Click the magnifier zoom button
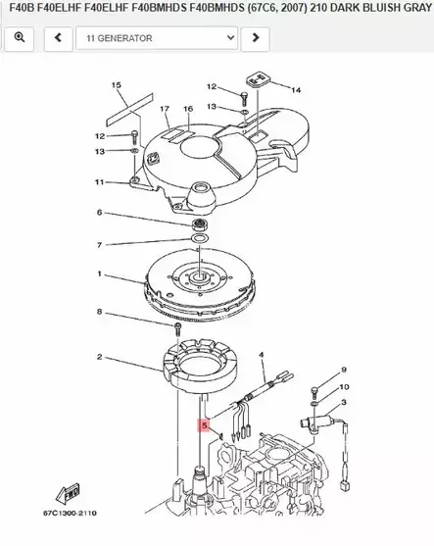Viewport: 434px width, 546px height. click(21, 38)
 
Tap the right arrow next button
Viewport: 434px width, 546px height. click(255, 38)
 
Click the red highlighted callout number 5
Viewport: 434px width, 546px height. click(205, 426)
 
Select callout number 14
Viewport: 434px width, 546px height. click(296, 90)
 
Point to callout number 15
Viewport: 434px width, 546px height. click(116, 86)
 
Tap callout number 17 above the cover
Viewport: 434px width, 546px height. click(163, 108)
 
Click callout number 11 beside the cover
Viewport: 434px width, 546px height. click(99, 182)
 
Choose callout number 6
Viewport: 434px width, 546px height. click(99, 213)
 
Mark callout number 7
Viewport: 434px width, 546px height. click(99, 244)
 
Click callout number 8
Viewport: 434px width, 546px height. click(99, 312)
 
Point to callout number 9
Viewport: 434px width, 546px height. click(344, 370)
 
